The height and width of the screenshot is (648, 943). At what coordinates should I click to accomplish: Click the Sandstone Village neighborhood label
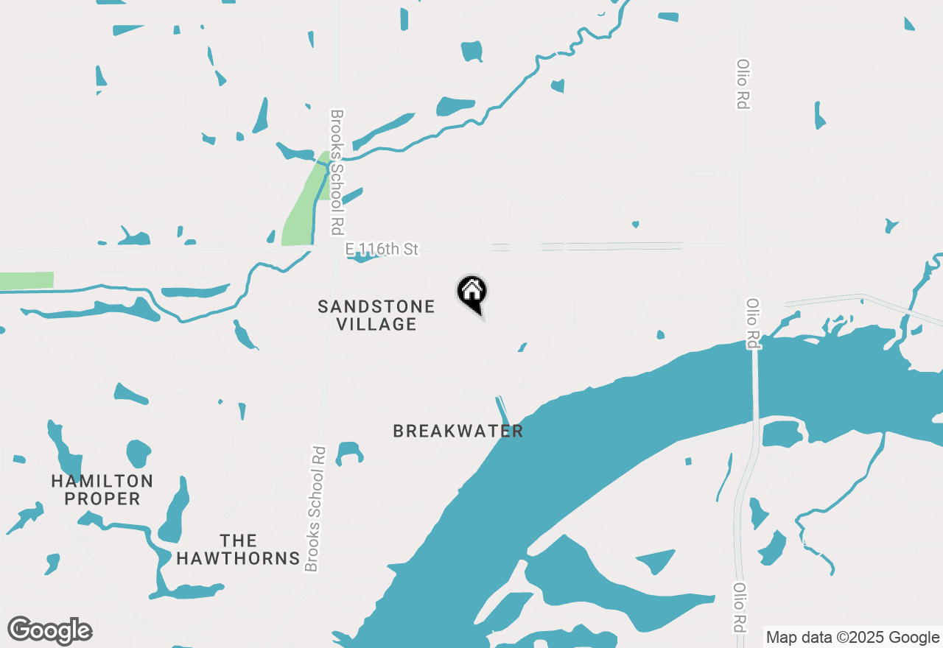[x=376, y=315]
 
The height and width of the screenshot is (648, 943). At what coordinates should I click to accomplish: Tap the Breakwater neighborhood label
[x=458, y=432]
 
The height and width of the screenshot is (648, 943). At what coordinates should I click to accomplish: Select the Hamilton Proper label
[x=102, y=490]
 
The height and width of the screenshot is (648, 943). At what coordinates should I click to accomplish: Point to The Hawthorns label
[x=238, y=550]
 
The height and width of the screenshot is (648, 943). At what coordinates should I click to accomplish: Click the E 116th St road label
[x=382, y=250]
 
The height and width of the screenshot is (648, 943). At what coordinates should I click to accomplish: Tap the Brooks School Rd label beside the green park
[x=337, y=172]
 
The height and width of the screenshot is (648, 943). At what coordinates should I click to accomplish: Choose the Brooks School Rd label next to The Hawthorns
[x=315, y=508]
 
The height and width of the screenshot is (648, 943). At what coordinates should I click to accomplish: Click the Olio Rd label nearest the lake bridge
[x=752, y=323]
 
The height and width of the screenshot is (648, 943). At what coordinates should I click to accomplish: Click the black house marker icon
[x=471, y=292]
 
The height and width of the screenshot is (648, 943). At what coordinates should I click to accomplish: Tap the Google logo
[x=50, y=631]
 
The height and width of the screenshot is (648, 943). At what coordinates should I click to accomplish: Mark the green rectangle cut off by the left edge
[x=27, y=281]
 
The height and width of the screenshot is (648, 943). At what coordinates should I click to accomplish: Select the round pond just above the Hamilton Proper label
[x=139, y=452]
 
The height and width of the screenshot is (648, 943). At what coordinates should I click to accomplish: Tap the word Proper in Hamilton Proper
[x=102, y=499]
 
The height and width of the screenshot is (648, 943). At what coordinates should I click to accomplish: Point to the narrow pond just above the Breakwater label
[x=502, y=408]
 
